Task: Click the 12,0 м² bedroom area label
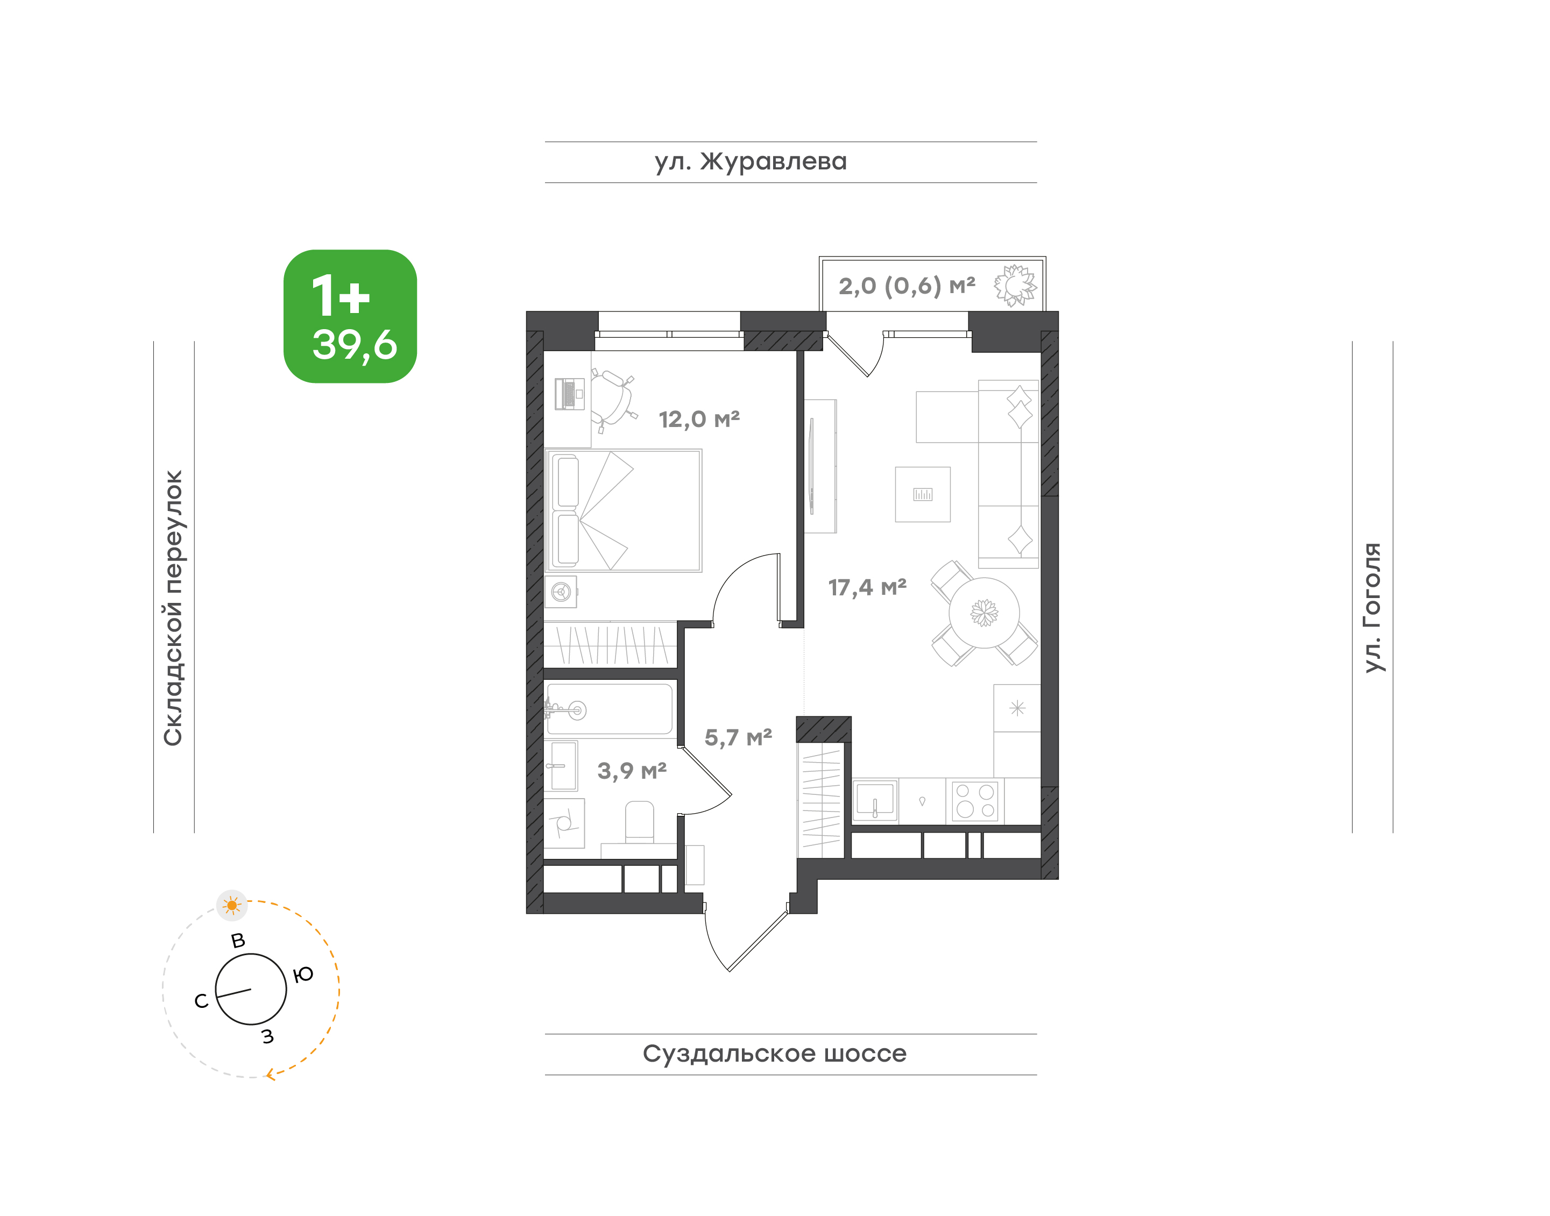click(699, 419)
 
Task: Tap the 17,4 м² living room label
click(867, 587)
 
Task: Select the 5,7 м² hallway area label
click(738, 737)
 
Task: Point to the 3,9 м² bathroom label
click(632, 770)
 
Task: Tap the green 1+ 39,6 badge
click(350, 316)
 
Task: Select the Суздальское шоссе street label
click(774, 1054)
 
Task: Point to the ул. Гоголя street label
click(1372, 607)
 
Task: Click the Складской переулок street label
click(173, 608)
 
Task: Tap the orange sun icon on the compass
click(231, 906)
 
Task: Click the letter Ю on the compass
click(303, 975)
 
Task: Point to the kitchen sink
click(875, 801)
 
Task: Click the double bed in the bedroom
click(623, 510)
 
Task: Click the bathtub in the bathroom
click(609, 709)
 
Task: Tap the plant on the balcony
click(1016, 286)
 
